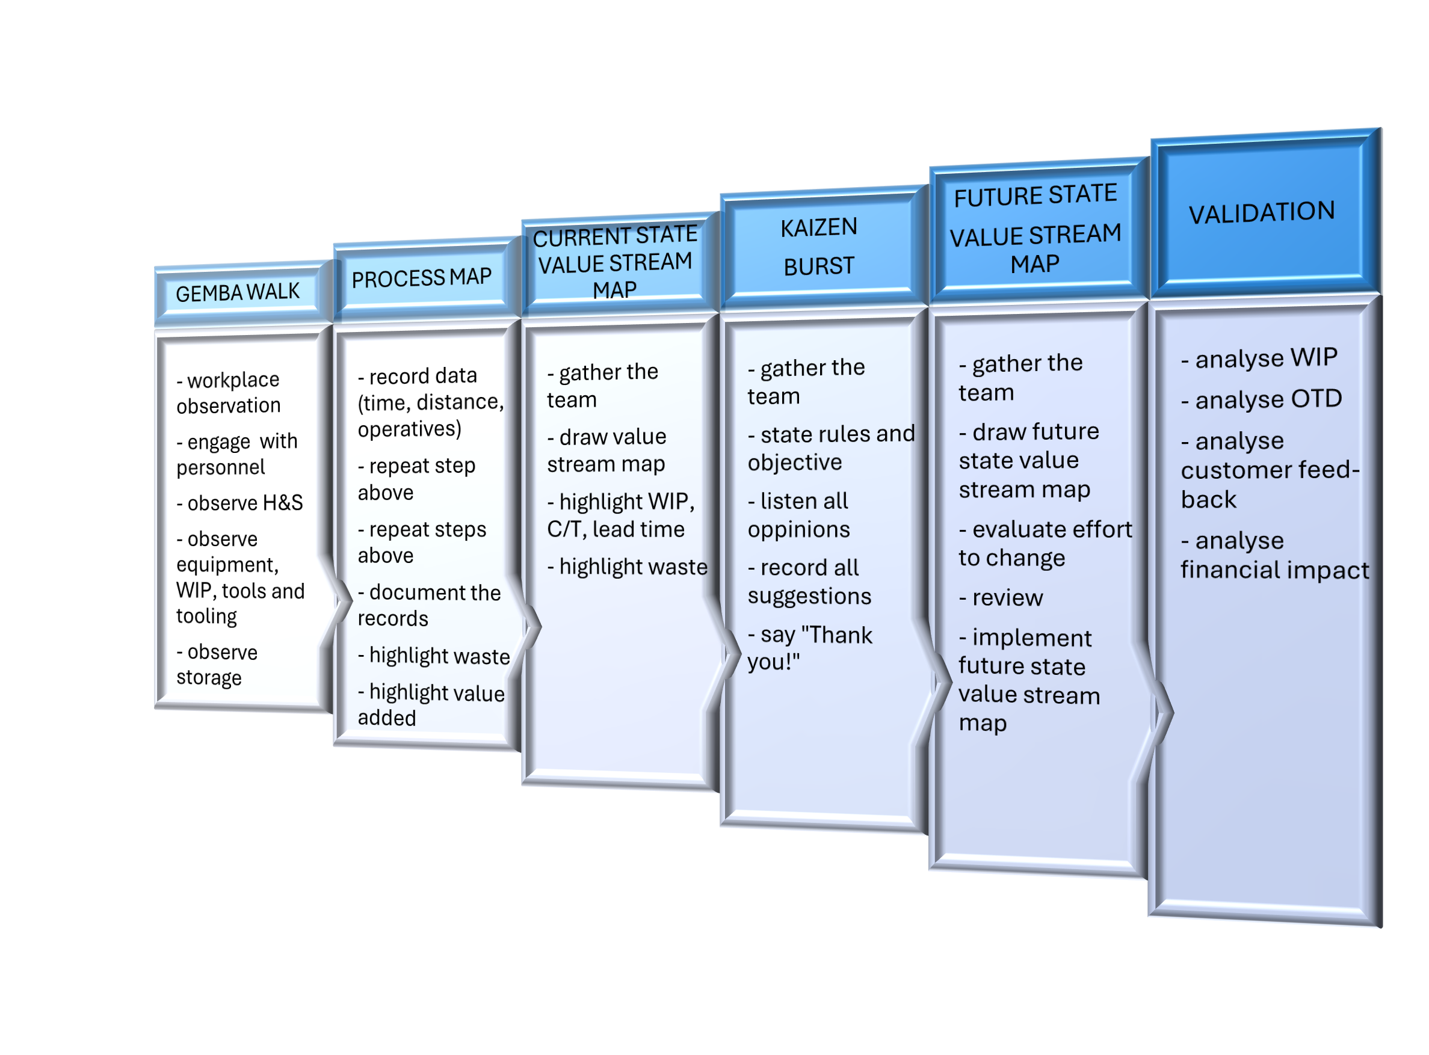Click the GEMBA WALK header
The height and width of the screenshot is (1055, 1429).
[238, 293]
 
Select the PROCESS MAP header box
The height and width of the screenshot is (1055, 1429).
[422, 278]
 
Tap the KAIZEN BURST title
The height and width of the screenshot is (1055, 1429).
[818, 247]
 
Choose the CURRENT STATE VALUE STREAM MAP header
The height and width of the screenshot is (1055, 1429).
[614, 262]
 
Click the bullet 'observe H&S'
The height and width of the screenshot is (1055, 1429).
[239, 503]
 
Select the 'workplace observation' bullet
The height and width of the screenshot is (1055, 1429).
[228, 393]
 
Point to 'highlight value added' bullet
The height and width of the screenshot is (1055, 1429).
[431, 705]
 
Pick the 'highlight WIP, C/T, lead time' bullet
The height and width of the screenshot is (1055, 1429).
[620, 515]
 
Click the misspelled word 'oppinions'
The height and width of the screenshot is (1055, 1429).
[798, 529]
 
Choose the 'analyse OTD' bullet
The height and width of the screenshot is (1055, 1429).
[1261, 400]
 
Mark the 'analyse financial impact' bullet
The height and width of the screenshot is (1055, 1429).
[1274, 555]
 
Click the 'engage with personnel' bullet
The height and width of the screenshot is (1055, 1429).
[236, 454]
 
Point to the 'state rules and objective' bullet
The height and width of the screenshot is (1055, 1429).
[830, 448]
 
